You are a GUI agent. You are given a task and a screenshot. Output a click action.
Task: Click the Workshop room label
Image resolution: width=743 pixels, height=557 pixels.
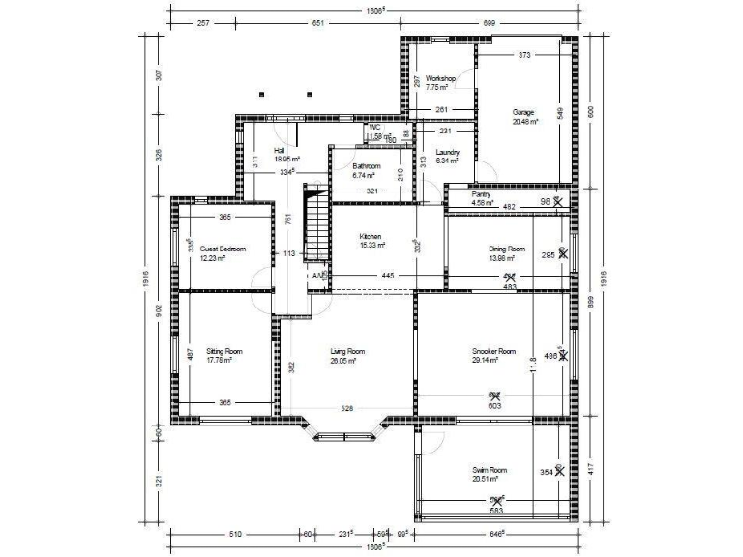(440, 78)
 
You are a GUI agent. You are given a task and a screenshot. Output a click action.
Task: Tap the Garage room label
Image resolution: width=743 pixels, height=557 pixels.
(523, 112)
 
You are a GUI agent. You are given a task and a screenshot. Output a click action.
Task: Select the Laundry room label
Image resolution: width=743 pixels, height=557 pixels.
(447, 153)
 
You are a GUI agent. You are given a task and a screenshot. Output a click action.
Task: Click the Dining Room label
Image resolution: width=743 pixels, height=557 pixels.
(507, 249)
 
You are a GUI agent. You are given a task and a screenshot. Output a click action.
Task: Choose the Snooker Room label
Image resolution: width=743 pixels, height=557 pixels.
(493, 351)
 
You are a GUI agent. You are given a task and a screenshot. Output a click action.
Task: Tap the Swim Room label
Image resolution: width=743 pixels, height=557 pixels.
(490, 470)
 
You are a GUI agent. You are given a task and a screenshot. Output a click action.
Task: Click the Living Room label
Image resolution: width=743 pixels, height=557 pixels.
(347, 351)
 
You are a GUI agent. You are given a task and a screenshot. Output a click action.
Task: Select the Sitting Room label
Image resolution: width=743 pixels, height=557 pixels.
(223, 351)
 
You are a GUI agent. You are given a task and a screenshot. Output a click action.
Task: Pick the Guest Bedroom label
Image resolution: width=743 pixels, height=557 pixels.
(223, 249)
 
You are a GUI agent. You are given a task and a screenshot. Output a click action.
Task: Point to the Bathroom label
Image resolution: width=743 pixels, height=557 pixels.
(367, 166)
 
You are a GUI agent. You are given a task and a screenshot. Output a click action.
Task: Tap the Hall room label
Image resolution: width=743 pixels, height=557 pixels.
(280, 151)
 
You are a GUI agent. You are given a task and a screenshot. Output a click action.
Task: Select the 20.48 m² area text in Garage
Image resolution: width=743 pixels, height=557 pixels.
(523, 122)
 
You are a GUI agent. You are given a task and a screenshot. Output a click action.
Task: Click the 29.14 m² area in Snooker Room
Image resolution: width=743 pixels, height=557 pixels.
(486, 360)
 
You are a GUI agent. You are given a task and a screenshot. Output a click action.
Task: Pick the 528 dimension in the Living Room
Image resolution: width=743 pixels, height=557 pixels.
(347, 409)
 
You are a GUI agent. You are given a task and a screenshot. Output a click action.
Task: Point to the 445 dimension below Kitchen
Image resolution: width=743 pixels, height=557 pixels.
(387, 276)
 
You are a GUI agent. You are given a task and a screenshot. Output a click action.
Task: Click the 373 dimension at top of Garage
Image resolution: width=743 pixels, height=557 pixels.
(524, 55)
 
